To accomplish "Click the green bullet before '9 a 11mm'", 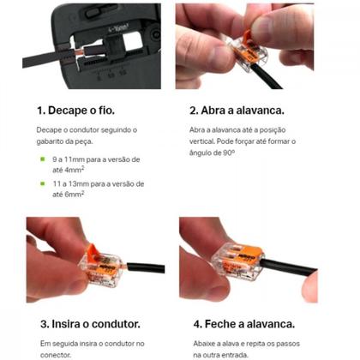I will pyautogui.click(x=42, y=159).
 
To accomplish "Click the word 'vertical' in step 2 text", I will pyautogui.click(x=205, y=141).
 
